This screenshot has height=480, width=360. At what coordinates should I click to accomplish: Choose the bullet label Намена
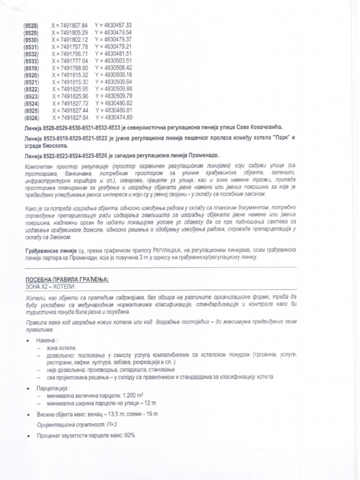(47, 340)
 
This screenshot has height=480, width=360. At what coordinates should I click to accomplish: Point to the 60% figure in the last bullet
(129, 435)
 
